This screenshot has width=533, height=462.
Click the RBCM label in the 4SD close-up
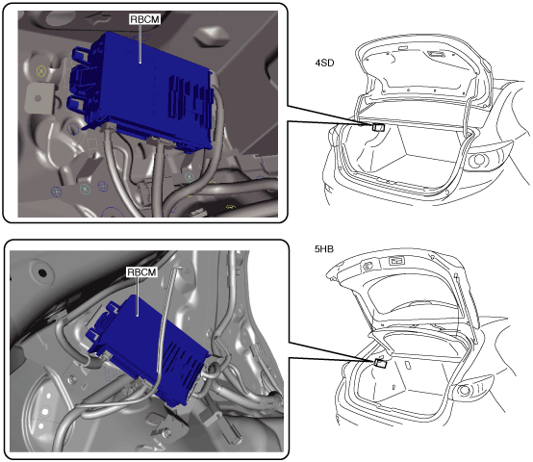coord(144,19)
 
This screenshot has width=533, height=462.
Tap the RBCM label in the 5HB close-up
coord(141,272)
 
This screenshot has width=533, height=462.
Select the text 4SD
coord(324,63)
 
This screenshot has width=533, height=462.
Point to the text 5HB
coord(324,249)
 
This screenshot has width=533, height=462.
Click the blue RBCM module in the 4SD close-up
coord(146,91)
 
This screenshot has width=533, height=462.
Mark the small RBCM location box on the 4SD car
coord(378,127)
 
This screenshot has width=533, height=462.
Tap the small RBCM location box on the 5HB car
coord(380,363)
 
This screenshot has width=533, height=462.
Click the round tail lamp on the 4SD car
coord(479,160)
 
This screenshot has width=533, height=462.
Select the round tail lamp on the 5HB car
coord(465,390)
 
